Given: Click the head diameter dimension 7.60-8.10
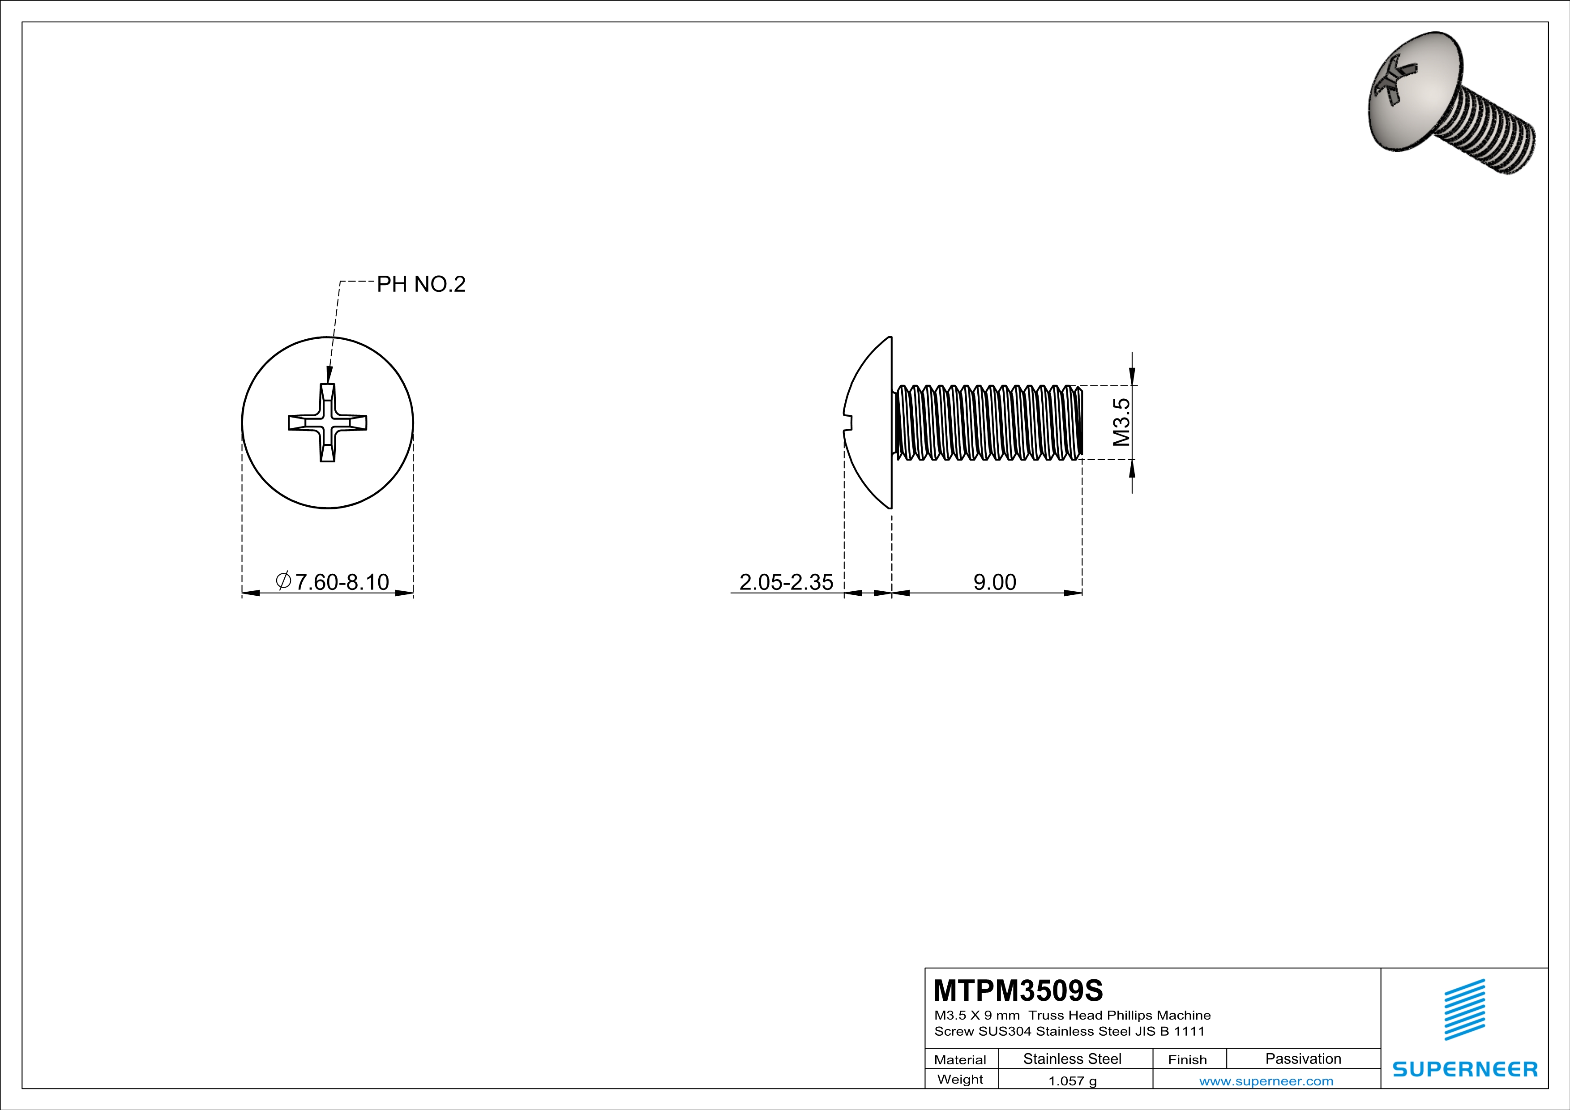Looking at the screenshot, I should point(333,582).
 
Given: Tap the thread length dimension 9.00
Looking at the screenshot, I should point(994,582).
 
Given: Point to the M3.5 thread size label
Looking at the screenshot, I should point(1121,423).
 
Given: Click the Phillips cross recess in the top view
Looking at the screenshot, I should point(328,423).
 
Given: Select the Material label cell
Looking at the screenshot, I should point(960,1059).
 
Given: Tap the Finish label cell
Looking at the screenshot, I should point(1187,1059).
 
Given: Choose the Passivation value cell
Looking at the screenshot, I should point(1303,1059).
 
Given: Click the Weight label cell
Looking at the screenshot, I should point(960,1079).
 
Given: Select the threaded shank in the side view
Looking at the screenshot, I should point(988,423).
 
